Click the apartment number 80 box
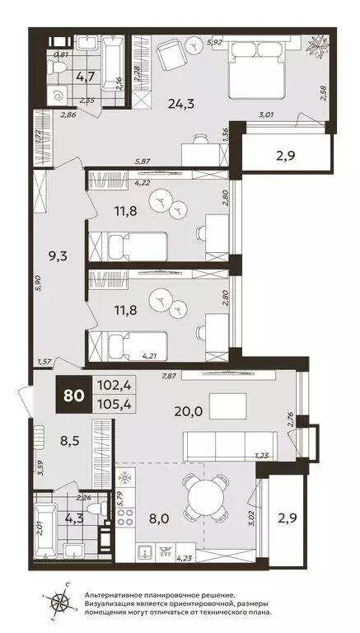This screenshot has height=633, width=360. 74,395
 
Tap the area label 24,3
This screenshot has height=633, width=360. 181,105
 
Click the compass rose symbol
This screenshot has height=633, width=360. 60,602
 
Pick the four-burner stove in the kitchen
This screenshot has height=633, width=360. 125,518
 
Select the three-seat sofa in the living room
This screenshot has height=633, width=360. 230,446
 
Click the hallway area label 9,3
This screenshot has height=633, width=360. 58,256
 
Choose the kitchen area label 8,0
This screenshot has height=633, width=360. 157,518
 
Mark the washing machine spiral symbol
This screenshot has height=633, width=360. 57,96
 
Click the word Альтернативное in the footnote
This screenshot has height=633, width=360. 114,595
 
